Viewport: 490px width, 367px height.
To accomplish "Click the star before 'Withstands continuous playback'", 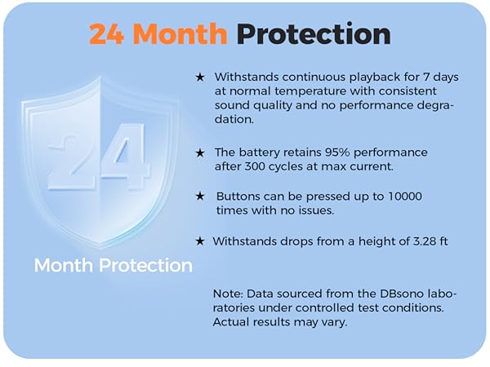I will [200, 77].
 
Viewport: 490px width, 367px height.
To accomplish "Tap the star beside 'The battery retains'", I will [200, 153].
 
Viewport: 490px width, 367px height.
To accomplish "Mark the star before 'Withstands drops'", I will [200, 241].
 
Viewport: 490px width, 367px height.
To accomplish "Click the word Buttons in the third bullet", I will [239, 197].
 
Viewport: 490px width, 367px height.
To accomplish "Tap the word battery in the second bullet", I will [261, 153].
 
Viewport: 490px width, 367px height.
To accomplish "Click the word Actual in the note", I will [233, 322].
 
